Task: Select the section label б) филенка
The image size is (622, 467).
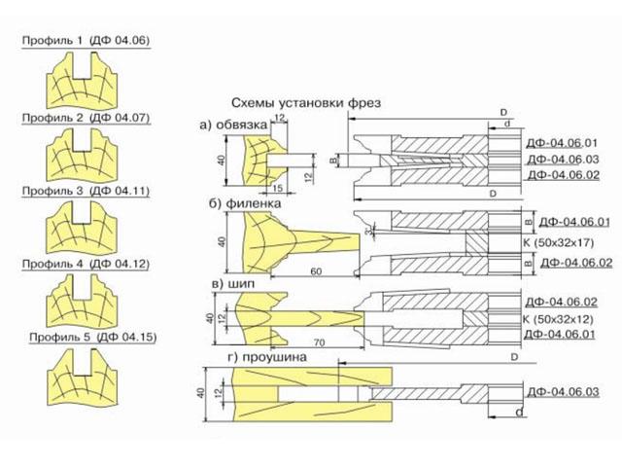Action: pyautogui.click(x=239, y=204)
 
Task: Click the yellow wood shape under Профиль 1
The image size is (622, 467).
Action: pyautogui.click(x=84, y=79)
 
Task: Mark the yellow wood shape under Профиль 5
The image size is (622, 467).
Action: pyautogui.click(x=84, y=376)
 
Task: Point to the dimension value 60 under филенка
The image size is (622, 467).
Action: pyautogui.click(x=316, y=269)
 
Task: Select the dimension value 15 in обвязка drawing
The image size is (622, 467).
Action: pyautogui.click(x=276, y=188)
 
